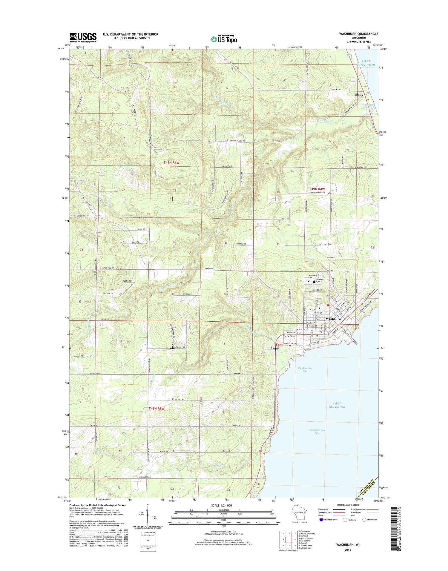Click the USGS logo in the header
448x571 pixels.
pos(83,38)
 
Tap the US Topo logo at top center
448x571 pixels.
pos(224,39)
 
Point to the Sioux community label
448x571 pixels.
pos(359,95)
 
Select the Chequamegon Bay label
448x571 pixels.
pos(317,431)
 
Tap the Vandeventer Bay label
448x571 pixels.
pos(305,369)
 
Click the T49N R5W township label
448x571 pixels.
pos(171,162)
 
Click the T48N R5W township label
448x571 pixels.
pos(157,408)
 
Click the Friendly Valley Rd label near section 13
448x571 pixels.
pos(237,141)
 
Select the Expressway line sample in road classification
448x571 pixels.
pos(339,509)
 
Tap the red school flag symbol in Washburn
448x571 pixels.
pos(328,305)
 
